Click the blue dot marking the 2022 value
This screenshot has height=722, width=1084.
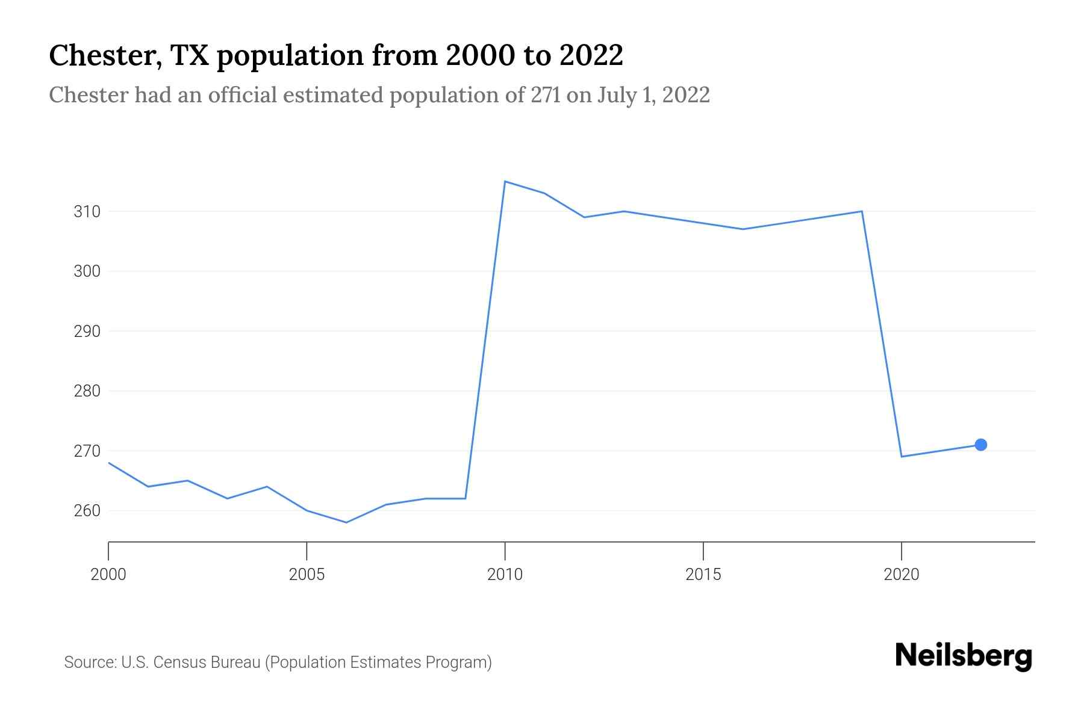(x=980, y=445)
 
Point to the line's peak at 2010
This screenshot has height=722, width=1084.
(x=505, y=181)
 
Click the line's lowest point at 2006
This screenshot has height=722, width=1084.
(x=346, y=522)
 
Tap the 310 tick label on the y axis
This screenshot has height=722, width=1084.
(x=87, y=212)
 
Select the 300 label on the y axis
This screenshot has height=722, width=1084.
(x=87, y=271)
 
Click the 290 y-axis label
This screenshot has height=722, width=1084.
(x=87, y=332)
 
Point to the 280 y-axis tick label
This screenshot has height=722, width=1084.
(x=87, y=391)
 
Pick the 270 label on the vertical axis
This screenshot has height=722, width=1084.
(x=87, y=451)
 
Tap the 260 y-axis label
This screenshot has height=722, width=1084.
(x=87, y=511)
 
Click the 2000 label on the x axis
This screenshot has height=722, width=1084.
(x=108, y=575)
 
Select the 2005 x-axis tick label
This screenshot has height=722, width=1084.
(x=307, y=575)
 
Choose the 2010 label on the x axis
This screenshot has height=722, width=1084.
(x=505, y=575)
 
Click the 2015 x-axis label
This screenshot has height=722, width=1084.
(x=703, y=575)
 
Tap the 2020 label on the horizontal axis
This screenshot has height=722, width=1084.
(x=901, y=575)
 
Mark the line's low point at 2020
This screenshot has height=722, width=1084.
(x=902, y=457)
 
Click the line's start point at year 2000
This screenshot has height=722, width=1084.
(x=109, y=463)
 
